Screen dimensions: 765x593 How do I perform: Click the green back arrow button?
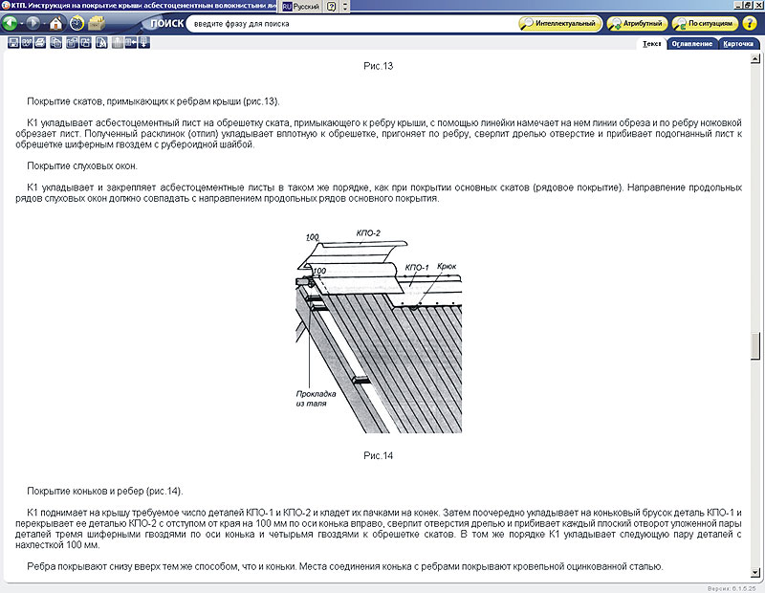10,23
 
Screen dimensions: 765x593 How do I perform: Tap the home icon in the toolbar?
55,23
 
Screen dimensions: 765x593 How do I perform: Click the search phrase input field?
351,23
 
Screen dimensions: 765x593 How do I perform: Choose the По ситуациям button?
705,23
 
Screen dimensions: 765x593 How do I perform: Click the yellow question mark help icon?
750,23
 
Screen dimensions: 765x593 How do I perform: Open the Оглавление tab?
691,44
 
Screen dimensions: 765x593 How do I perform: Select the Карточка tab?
738,44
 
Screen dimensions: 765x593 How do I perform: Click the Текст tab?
652,44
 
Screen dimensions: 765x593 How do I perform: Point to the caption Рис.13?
378,66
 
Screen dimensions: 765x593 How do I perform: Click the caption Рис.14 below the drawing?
378,455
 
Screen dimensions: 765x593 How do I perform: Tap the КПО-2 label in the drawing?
368,233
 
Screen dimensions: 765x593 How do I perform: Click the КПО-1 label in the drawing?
417,268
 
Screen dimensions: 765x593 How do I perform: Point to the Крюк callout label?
447,266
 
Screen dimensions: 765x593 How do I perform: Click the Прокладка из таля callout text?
316,398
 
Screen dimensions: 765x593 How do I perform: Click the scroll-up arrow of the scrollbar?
755,59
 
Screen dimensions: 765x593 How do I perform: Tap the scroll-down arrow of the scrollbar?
755,572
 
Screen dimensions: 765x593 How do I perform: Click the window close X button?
758,6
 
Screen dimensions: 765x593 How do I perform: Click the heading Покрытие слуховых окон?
82,165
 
